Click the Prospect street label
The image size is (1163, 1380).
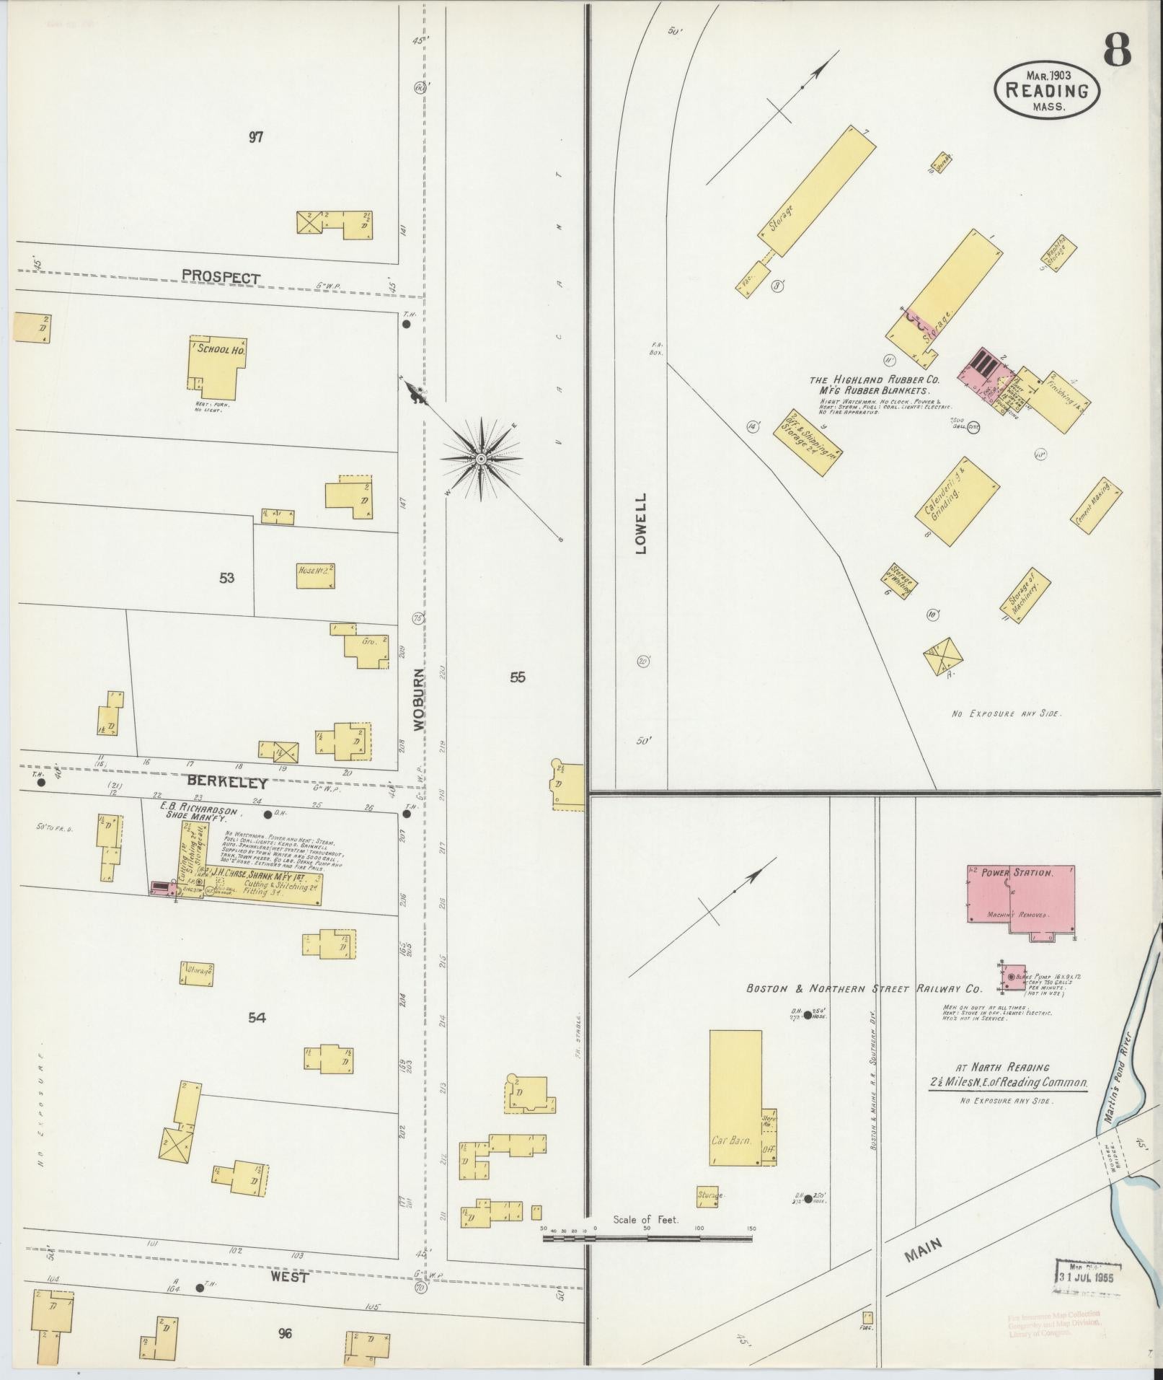pos(221,276)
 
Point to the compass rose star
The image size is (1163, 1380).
pos(481,458)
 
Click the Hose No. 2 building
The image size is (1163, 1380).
pos(315,576)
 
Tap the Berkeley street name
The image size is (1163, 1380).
pos(227,782)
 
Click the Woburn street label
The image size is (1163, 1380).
pos(420,699)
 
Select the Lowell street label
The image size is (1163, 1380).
pos(641,523)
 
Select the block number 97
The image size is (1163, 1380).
pos(255,137)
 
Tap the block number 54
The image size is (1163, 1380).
pos(257,1018)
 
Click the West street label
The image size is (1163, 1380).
pos(290,1277)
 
